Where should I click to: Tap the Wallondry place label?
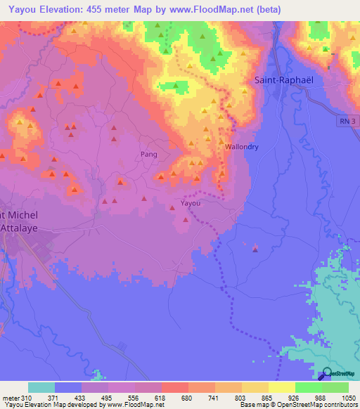pos(243,147)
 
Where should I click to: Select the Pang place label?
pos(148,154)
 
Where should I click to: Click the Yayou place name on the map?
pos(191,204)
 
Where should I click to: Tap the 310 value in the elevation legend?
pos(27,398)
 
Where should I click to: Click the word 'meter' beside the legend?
pos(11,398)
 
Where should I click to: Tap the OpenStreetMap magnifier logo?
pos(328,375)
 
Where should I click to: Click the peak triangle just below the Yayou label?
pos(186,219)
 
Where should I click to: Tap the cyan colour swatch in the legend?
pos(41,387)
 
